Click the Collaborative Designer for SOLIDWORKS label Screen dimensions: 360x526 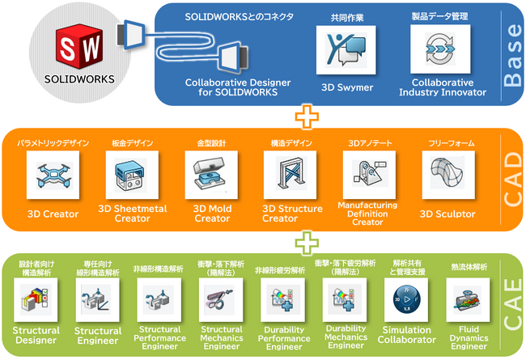[x=232, y=87]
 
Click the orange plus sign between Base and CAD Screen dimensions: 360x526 [x=306, y=116]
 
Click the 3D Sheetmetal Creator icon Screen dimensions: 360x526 [x=132, y=176]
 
